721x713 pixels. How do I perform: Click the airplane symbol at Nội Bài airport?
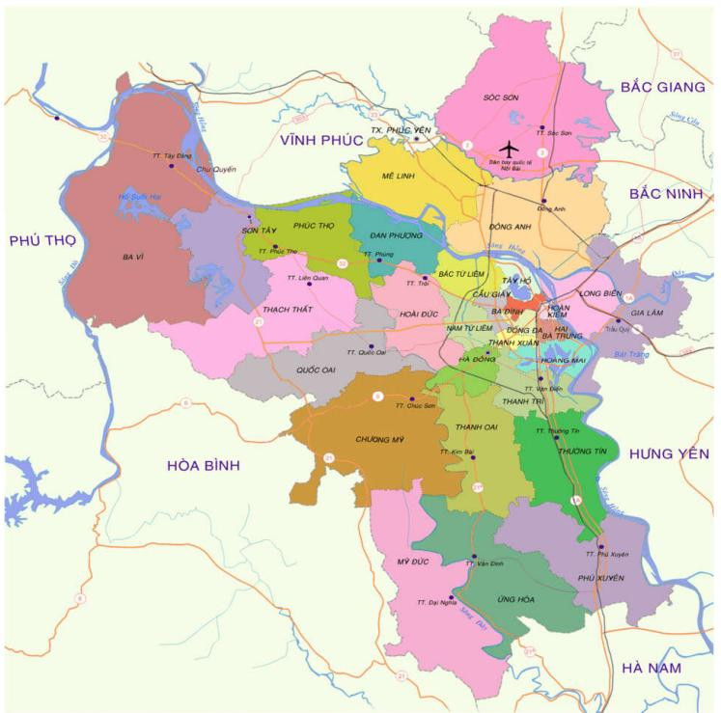tap(508, 149)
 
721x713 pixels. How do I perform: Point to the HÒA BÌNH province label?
tap(203, 465)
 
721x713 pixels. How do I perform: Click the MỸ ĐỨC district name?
tap(411, 562)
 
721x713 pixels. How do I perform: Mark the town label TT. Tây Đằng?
tap(170, 155)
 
